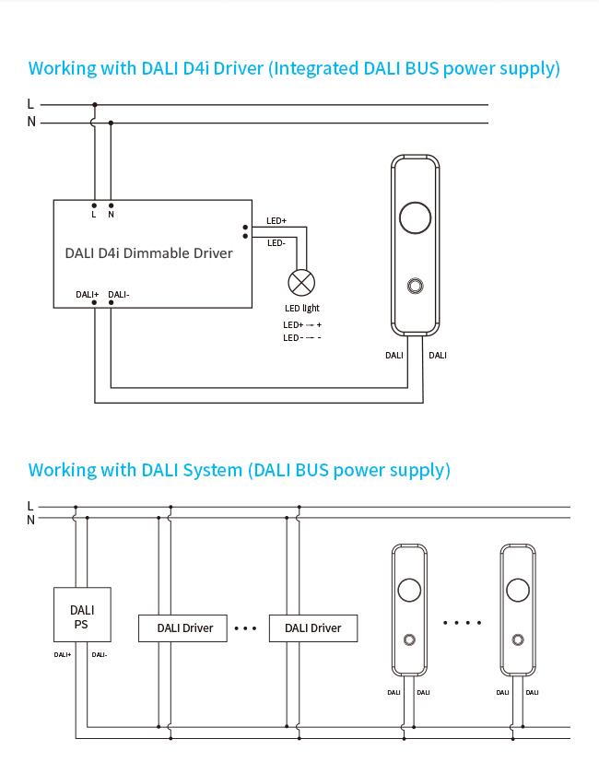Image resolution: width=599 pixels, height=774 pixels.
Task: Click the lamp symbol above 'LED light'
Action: click(x=301, y=282)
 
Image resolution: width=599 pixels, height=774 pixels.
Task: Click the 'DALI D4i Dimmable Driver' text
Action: click(x=148, y=252)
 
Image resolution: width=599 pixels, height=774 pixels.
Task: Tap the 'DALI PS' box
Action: click(x=82, y=616)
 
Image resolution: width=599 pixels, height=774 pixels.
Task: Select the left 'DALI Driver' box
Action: click(x=185, y=628)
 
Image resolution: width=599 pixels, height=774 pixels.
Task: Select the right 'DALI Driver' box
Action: click(x=313, y=628)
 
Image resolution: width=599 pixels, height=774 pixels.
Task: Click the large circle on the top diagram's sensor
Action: click(x=415, y=218)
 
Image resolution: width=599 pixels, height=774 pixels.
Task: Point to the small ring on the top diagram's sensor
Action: click(x=415, y=286)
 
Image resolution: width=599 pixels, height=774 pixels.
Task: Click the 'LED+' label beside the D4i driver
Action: click(x=276, y=221)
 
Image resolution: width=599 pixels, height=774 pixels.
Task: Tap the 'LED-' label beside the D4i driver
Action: click(x=276, y=243)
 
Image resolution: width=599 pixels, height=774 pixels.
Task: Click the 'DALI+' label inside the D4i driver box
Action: click(x=88, y=295)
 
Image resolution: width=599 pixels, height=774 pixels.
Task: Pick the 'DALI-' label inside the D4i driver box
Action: click(x=119, y=295)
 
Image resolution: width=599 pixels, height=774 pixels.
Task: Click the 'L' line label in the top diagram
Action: click(x=30, y=104)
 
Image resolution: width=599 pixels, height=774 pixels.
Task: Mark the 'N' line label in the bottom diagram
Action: click(x=30, y=520)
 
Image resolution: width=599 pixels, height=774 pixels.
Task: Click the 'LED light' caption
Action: click(x=302, y=308)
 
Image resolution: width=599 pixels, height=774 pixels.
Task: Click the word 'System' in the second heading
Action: click(x=212, y=470)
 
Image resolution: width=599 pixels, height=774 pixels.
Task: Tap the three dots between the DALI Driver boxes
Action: click(x=245, y=628)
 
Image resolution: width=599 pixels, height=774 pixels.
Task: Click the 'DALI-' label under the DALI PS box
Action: click(x=100, y=655)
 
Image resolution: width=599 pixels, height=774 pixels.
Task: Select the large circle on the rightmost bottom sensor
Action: click(x=518, y=590)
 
